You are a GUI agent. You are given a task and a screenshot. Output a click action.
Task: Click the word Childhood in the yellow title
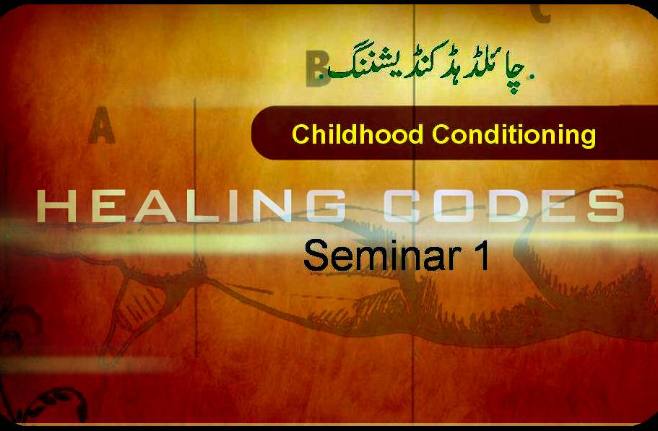[x=358, y=134]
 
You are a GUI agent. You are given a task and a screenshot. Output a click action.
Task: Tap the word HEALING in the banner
[x=191, y=206]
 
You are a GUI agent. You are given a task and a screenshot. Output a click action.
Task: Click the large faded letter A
[x=102, y=125]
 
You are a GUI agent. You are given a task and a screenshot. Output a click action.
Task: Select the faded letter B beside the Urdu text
[x=317, y=69]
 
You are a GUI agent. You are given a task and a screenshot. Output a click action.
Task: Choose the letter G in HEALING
[x=325, y=206]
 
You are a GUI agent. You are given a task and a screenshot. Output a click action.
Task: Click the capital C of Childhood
[x=301, y=134]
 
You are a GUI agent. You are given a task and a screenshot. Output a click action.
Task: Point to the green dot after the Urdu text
[x=532, y=77]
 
